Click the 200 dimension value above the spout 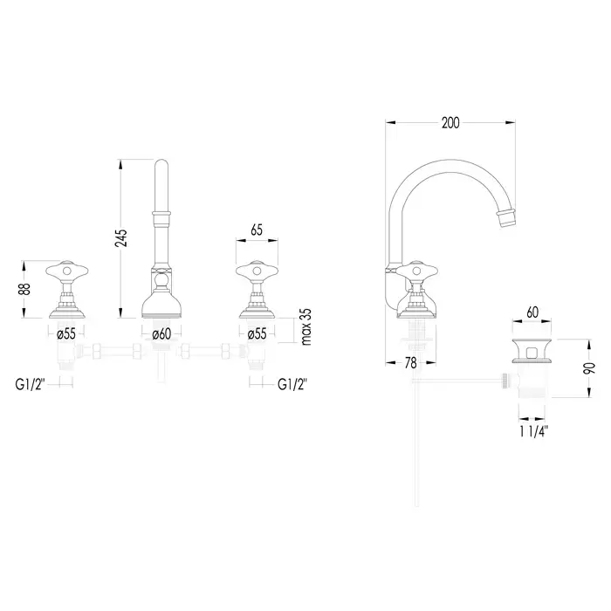(x=450, y=123)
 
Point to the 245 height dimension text (x=121, y=237)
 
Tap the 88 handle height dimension (x=24, y=289)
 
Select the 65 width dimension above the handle (x=257, y=230)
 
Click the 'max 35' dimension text (x=306, y=326)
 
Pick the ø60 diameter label (x=161, y=334)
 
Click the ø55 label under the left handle (x=65, y=334)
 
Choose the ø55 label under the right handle (x=257, y=334)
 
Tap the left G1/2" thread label (x=31, y=384)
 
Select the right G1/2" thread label (x=292, y=384)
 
